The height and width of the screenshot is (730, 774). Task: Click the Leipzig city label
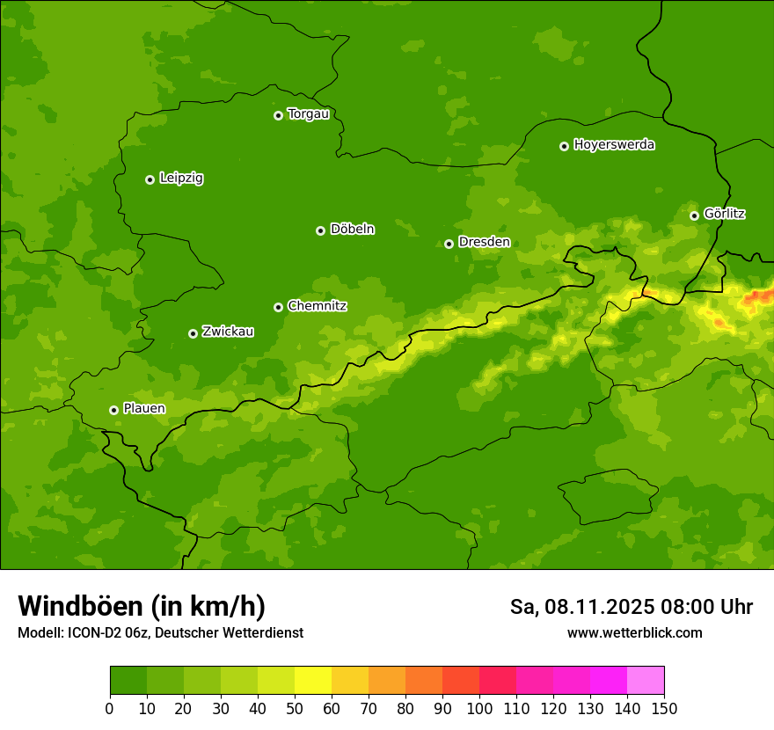click(181, 179)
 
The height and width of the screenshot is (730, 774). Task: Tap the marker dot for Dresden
click(449, 244)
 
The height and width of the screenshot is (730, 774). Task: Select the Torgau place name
click(308, 114)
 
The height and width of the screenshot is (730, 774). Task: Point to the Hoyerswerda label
click(614, 145)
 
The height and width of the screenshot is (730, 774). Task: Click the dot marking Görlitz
click(694, 215)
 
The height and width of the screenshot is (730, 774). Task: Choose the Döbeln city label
click(352, 230)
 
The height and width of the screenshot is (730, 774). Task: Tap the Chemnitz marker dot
click(278, 307)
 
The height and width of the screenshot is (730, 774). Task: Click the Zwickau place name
click(228, 332)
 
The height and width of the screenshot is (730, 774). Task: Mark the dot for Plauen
click(113, 410)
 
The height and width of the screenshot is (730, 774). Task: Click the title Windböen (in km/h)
click(142, 607)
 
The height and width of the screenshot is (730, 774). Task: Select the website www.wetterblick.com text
click(634, 633)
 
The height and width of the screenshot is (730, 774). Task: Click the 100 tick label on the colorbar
click(479, 708)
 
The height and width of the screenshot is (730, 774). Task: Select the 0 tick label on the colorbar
click(110, 708)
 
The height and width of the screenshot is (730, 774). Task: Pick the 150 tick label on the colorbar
click(664, 708)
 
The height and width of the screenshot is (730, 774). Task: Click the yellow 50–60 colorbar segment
click(313, 681)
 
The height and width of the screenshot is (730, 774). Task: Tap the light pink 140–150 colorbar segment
click(646, 681)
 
